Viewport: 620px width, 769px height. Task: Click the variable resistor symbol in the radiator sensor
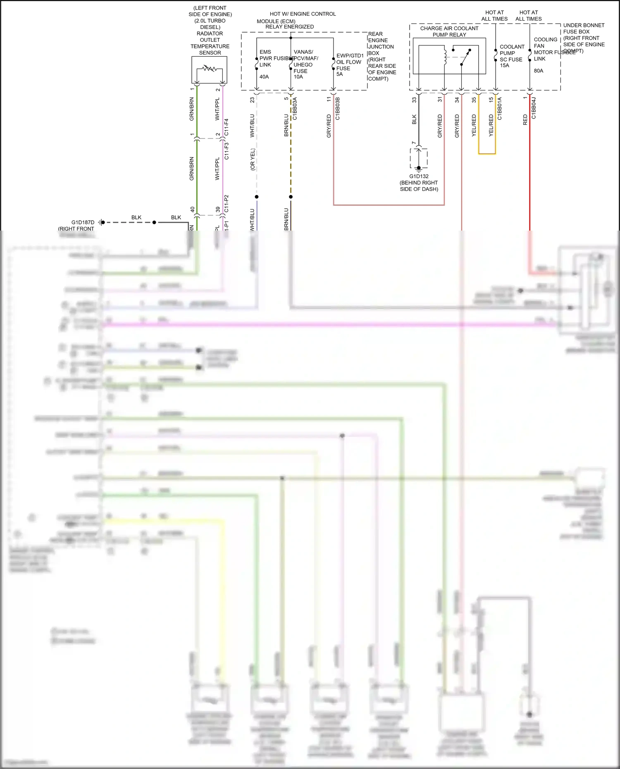[210, 68]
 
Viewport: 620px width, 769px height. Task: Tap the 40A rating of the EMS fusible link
[264, 77]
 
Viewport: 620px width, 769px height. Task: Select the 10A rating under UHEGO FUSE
[298, 77]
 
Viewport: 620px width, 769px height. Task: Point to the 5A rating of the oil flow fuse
[339, 74]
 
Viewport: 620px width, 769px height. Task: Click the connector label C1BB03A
[295, 109]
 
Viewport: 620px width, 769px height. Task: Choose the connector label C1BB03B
[338, 109]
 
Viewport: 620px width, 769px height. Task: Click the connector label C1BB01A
[500, 109]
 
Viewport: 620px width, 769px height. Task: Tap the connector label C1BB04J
[534, 108]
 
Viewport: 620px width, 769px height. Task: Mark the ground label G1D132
[419, 176]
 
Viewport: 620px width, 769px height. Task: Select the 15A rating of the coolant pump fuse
[504, 66]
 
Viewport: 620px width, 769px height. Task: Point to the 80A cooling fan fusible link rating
[539, 71]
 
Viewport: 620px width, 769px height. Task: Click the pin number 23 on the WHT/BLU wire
[253, 100]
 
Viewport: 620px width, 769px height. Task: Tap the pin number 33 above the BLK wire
[414, 100]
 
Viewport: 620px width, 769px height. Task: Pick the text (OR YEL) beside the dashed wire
[253, 160]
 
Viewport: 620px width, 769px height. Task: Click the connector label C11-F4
[227, 127]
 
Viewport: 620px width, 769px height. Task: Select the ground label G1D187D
[83, 222]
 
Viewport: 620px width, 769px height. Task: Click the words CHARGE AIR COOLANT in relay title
[449, 29]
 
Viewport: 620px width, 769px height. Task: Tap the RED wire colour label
[525, 120]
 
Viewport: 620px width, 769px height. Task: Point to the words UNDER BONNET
[584, 26]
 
